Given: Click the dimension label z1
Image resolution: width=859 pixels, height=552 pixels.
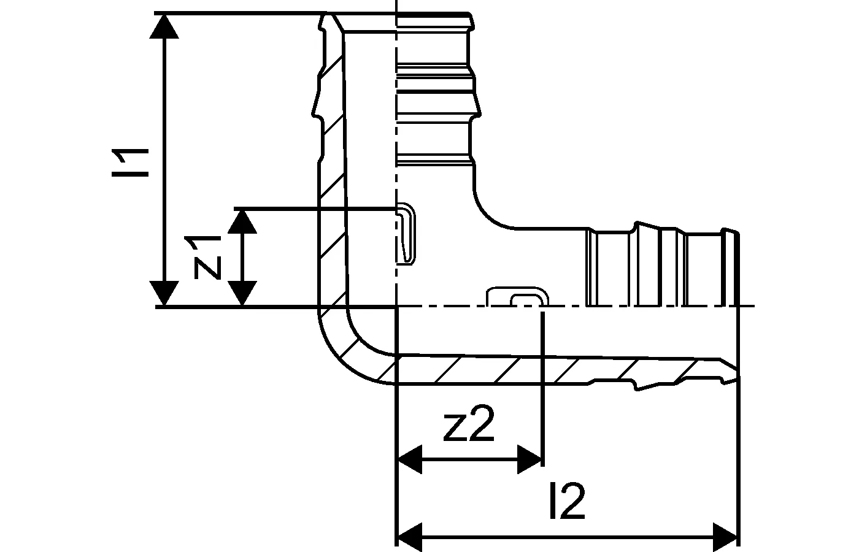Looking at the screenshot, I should tap(206, 256).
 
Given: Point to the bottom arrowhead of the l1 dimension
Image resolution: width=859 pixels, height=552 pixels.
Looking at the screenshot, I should tap(164, 293).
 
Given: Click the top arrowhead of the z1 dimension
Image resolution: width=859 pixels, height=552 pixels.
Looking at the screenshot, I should tap(243, 221).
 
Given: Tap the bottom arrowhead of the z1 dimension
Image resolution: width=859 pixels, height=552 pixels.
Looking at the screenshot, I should tap(243, 293).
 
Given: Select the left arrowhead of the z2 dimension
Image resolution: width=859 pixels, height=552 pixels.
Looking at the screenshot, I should tap(411, 459).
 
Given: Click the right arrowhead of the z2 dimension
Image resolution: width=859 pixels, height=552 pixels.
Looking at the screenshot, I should tap(529, 459).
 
